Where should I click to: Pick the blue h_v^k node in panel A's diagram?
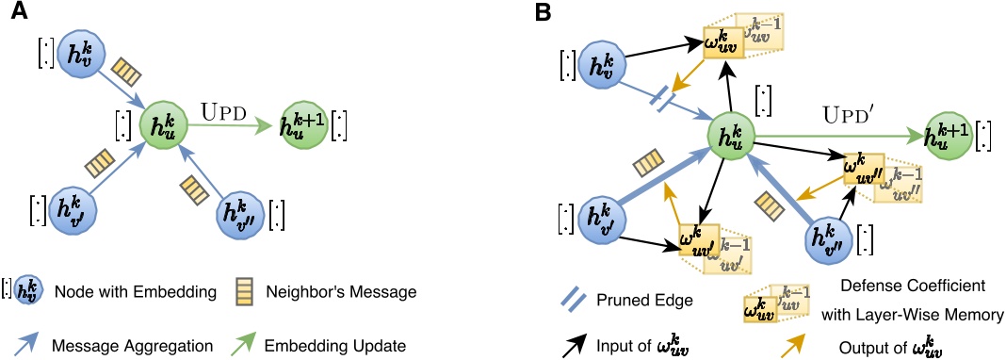point(76,55)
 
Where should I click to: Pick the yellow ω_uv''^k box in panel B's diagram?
point(864,167)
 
